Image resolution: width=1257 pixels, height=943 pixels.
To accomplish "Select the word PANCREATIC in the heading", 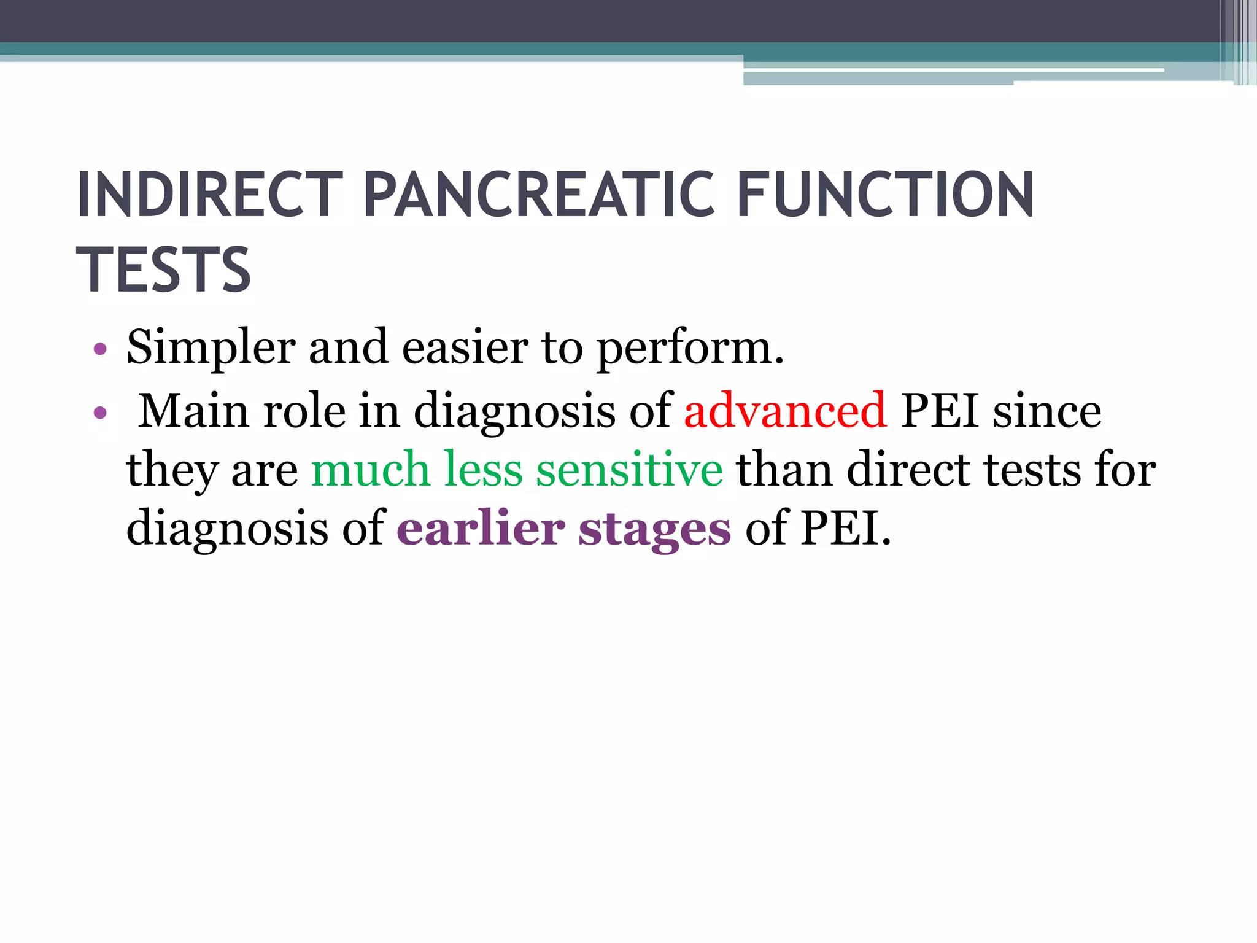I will [540, 195].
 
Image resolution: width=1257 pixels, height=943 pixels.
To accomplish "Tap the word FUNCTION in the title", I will [885, 195].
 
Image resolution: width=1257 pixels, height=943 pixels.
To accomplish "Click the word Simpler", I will [211, 348].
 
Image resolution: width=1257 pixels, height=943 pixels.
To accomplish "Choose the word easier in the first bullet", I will [465, 348].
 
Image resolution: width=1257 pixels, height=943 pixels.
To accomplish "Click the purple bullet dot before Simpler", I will [100, 350].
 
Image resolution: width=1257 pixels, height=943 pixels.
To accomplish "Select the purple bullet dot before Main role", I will [100, 413].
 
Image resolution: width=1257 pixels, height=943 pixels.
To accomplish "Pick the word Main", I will [193, 411].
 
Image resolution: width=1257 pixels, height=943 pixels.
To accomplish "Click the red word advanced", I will [785, 411].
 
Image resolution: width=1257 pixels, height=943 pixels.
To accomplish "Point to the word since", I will [1047, 411].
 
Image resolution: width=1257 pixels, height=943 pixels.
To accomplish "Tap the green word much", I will [370, 470].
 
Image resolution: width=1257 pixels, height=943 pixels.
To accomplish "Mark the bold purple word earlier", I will [481, 529].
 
